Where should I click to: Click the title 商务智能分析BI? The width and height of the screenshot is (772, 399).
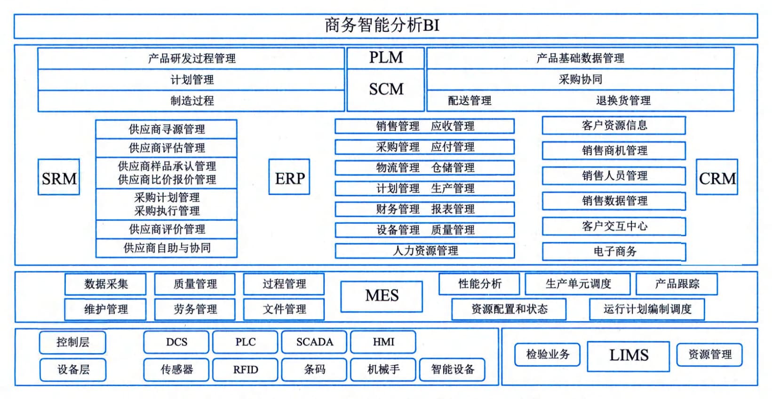coord(382,25)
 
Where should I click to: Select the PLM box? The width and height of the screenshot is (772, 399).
coord(386,58)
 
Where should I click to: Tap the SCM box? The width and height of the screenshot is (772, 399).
coord(386,89)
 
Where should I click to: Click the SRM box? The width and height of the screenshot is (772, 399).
coord(59,177)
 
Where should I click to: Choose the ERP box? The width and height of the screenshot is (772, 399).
coord(289,177)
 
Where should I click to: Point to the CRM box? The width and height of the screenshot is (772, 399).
coord(717,177)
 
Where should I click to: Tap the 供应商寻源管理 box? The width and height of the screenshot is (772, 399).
coord(167,129)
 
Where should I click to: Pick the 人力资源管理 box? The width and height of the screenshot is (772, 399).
coord(425,250)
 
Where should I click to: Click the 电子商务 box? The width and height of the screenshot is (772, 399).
coord(614,252)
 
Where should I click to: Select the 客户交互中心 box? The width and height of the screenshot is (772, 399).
coord(614,226)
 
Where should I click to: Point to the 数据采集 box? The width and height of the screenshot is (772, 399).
coord(105,284)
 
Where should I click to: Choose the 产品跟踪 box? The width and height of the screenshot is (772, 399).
coord(677,284)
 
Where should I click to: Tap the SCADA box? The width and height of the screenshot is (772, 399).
coord(314,342)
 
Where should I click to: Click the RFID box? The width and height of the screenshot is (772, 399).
coord(245,370)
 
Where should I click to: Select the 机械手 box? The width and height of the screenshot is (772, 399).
coord(383,370)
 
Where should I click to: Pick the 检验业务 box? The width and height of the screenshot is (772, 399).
coord(547,354)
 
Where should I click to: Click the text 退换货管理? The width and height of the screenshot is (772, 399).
coord(623,101)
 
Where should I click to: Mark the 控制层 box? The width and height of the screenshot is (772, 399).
coord(72,343)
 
